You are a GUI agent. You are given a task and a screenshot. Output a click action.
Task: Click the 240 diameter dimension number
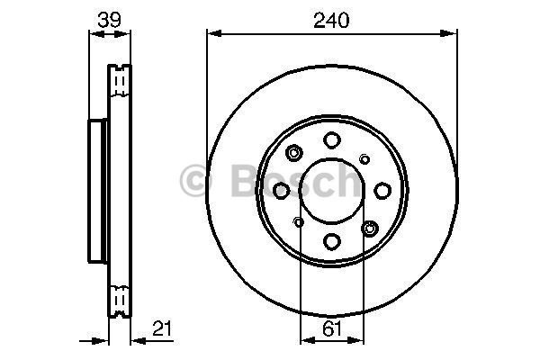point(331,21)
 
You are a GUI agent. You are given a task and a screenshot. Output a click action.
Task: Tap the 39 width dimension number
point(110,20)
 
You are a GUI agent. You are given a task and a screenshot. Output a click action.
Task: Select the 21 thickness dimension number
point(162,328)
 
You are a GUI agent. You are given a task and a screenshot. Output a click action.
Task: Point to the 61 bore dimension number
point(332,328)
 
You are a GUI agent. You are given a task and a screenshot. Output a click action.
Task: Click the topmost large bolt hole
point(332,140)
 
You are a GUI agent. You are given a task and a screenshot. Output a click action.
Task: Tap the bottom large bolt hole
point(332,241)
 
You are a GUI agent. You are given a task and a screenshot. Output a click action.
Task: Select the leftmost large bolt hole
point(282,191)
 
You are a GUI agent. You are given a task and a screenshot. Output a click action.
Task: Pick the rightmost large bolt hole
point(382,191)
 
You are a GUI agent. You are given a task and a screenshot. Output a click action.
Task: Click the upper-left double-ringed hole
point(294,153)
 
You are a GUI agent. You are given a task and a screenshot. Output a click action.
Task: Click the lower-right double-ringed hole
point(370,229)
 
